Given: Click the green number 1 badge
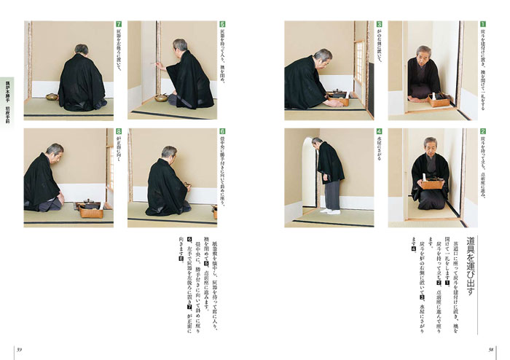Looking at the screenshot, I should pyautogui.click(x=482, y=24).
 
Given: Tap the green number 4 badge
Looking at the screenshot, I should pyautogui.click(x=380, y=133).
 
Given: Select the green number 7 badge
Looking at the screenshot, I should pyautogui.click(x=119, y=24).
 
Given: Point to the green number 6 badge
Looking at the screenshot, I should pyautogui.click(x=221, y=133).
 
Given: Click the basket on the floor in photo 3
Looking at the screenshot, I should pyautogui.click(x=337, y=98).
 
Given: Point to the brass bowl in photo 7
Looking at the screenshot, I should pyautogui.click(x=52, y=97).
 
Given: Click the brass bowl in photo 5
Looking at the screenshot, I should pyautogui.click(x=160, y=97).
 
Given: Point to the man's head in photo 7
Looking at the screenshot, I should pyautogui.click(x=82, y=50).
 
